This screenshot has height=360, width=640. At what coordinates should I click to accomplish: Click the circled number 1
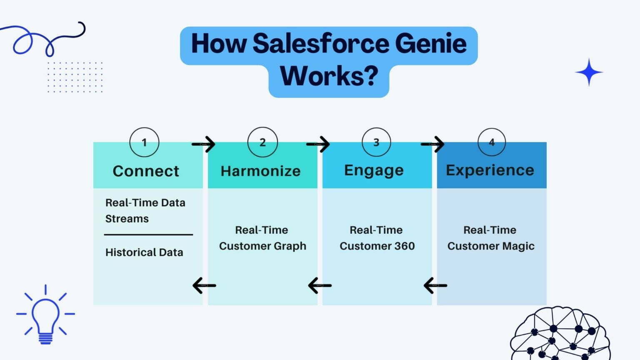click(144, 142)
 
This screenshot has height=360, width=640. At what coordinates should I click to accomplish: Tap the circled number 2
click(262, 142)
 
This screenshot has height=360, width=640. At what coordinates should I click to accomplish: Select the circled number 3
click(376, 142)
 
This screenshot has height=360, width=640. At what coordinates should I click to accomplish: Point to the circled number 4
click(492, 142)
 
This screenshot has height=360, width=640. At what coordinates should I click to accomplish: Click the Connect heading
click(146, 171)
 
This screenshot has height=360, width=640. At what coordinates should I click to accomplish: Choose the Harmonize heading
click(260, 171)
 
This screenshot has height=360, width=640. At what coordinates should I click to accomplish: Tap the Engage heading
click(374, 170)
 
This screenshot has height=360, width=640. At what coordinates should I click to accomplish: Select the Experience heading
click(490, 170)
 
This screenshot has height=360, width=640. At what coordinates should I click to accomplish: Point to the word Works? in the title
click(329, 76)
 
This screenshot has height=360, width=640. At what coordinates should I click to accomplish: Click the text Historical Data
click(144, 252)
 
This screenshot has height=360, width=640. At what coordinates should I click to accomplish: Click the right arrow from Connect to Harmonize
click(204, 144)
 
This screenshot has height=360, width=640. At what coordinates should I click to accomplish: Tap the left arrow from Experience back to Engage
click(435, 285)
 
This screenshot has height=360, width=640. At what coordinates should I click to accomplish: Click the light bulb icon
click(45, 315)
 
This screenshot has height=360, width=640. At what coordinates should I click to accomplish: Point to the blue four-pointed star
click(589, 72)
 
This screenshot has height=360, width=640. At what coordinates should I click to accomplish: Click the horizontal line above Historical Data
click(148, 235)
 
